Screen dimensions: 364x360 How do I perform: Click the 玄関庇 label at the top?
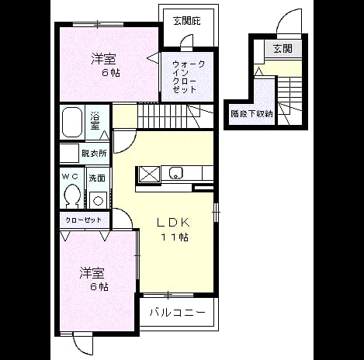pos(187,21)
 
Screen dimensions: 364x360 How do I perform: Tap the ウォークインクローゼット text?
pos(188,77)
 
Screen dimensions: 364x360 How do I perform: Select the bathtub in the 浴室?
pos(72,122)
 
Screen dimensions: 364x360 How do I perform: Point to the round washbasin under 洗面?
pos(98,201)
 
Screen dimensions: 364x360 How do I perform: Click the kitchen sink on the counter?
pos(176,173)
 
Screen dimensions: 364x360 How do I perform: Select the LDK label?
pos(174,223)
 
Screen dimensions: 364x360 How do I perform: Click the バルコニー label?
pos(178,313)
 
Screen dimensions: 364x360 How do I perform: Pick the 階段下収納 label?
pos(251,114)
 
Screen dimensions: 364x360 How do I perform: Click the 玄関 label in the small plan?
pos(283,49)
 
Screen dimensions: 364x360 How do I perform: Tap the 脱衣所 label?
pos(94,154)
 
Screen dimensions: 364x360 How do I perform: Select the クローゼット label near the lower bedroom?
pos(83,220)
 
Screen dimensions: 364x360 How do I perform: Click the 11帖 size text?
pos(175,237)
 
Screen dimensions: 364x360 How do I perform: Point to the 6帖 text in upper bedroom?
pos(111,73)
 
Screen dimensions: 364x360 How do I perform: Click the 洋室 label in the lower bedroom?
pos(92,273)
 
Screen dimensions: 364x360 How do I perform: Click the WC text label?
pos(70,177)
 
